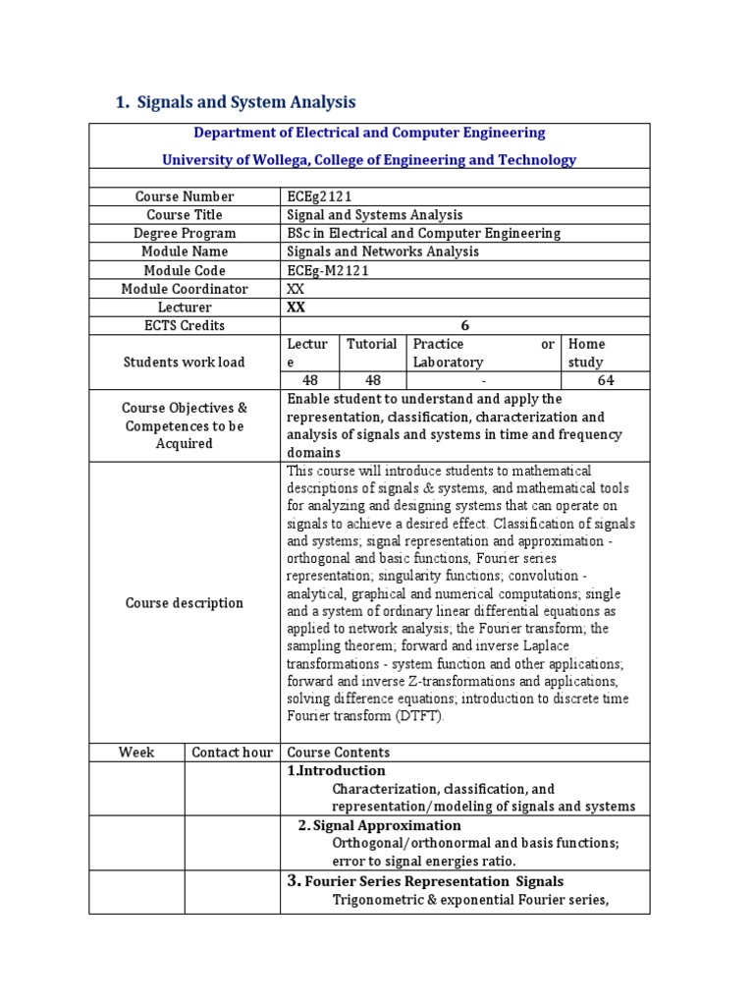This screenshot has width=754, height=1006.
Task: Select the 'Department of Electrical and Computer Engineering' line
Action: click(x=369, y=133)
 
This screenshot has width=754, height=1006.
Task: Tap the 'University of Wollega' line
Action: click(x=369, y=159)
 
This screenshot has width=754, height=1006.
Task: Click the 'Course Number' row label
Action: click(x=185, y=196)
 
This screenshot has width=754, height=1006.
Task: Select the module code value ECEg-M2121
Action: click(x=328, y=270)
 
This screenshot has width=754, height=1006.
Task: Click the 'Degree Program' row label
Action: click(x=185, y=233)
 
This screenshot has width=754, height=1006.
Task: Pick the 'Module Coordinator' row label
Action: click(x=185, y=289)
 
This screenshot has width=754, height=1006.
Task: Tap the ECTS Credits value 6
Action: click(x=464, y=325)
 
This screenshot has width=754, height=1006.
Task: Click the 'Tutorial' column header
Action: click(x=372, y=344)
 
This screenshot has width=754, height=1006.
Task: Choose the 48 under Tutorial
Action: click(x=372, y=380)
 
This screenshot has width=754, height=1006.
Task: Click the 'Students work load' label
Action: click(x=185, y=362)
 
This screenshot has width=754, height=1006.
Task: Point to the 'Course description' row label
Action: click(x=185, y=602)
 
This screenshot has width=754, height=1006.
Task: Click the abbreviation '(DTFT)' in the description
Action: click(x=421, y=716)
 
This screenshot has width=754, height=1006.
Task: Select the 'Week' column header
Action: click(x=136, y=753)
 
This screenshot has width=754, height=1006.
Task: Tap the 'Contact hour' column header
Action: click(x=232, y=753)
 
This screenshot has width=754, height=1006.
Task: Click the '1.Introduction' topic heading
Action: click(x=336, y=771)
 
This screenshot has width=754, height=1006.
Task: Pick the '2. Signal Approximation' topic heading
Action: click(x=379, y=825)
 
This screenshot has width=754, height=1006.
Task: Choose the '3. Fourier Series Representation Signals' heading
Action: click(x=425, y=881)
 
